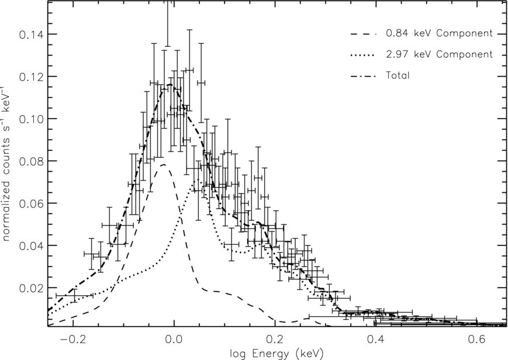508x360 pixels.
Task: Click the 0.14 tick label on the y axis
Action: point(30,34)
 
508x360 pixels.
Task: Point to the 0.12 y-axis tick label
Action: point(30,77)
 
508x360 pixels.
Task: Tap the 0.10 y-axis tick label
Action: point(30,119)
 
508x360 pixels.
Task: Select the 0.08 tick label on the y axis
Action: point(30,161)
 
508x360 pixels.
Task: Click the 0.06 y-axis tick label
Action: point(30,203)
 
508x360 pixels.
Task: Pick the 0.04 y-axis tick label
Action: point(30,245)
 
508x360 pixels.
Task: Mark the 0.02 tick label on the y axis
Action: point(30,288)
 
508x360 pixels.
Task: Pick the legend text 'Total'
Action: point(398,75)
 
